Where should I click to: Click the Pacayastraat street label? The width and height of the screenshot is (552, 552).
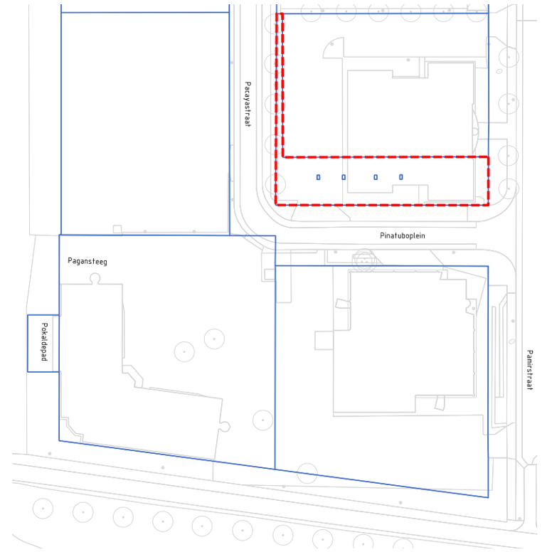pos(248,104)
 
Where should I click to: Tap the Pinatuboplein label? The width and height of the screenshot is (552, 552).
pos(403,235)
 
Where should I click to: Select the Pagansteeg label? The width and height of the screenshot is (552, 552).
pos(87,261)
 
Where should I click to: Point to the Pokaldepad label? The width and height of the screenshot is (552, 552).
pos(44,342)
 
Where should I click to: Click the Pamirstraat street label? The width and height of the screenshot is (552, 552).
pos(530,370)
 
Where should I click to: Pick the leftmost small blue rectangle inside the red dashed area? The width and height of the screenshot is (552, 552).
pos(318,177)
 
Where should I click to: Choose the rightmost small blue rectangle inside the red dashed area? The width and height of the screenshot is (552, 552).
pos(401,177)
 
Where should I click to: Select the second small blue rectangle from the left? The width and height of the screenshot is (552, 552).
pos(344,177)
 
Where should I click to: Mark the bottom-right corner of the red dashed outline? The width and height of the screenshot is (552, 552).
pos(488,205)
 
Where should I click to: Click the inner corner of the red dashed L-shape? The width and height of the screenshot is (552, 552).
pos(283,156)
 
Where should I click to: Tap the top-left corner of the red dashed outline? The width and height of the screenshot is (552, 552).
pos(276,14)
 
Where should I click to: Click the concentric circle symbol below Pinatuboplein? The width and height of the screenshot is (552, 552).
pos(364,260)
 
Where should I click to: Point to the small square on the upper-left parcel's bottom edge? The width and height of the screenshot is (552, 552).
pos(117,229)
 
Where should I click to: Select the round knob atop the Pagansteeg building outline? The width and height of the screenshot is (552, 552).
pos(95,279)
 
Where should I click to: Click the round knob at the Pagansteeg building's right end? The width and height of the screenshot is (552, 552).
pos(225,427)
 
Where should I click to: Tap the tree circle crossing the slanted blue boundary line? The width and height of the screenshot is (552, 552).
pos(307,473)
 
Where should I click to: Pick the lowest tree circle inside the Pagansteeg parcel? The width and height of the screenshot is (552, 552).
pos(262,420)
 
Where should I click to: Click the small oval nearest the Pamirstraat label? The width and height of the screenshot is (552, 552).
pos(512,341)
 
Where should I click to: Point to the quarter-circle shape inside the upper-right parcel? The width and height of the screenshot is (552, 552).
pos(333,48)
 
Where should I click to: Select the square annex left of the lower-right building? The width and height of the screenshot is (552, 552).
pos(324,341)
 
